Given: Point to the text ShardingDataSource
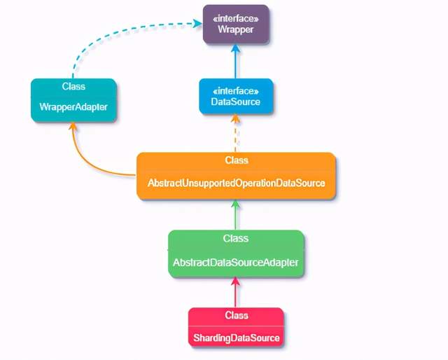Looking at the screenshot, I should point(236,338).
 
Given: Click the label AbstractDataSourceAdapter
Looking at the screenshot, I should point(236,263).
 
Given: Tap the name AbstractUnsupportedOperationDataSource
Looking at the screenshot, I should point(236,183).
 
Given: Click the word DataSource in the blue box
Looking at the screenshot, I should point(236,102).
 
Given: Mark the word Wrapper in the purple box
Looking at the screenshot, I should point(236,30).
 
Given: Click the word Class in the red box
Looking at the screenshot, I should point(237,316).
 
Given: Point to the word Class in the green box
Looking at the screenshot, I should point(236,239).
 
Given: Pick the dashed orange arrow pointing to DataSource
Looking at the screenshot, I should point(236,133).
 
